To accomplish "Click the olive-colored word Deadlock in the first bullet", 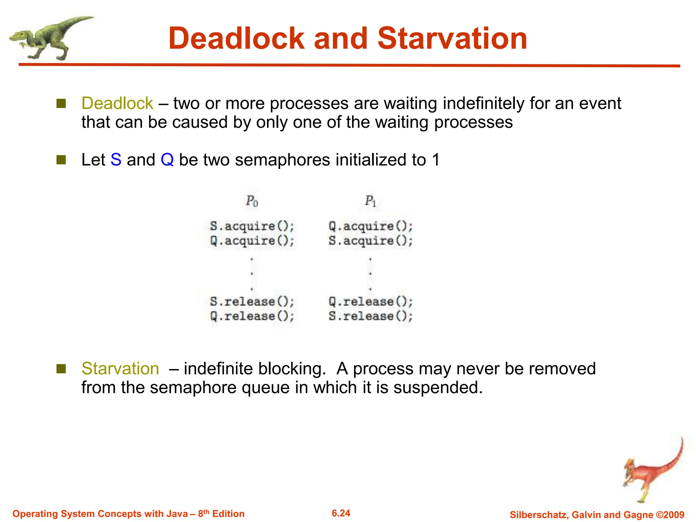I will (x=117, y=103).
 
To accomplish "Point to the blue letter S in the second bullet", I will (x=116, y=160).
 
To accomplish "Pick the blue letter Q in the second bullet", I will (x=167, y=160).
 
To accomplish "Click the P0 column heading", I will (x=252, y=201).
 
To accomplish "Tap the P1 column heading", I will (x=370, y=201).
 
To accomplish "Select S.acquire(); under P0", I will (x=252, y=226).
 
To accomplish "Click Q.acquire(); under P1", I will (x=370, y=226).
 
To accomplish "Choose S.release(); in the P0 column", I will (x=252, y=301).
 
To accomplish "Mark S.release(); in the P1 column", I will (x=370, y=316).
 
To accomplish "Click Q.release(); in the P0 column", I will (x=252, y=316).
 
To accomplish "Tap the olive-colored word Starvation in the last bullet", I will (x=120, y=369).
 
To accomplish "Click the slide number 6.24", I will (x=341, y=513).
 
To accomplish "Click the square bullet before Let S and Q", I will (x=61, y=160).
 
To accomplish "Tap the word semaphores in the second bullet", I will (x=282, y=160).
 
